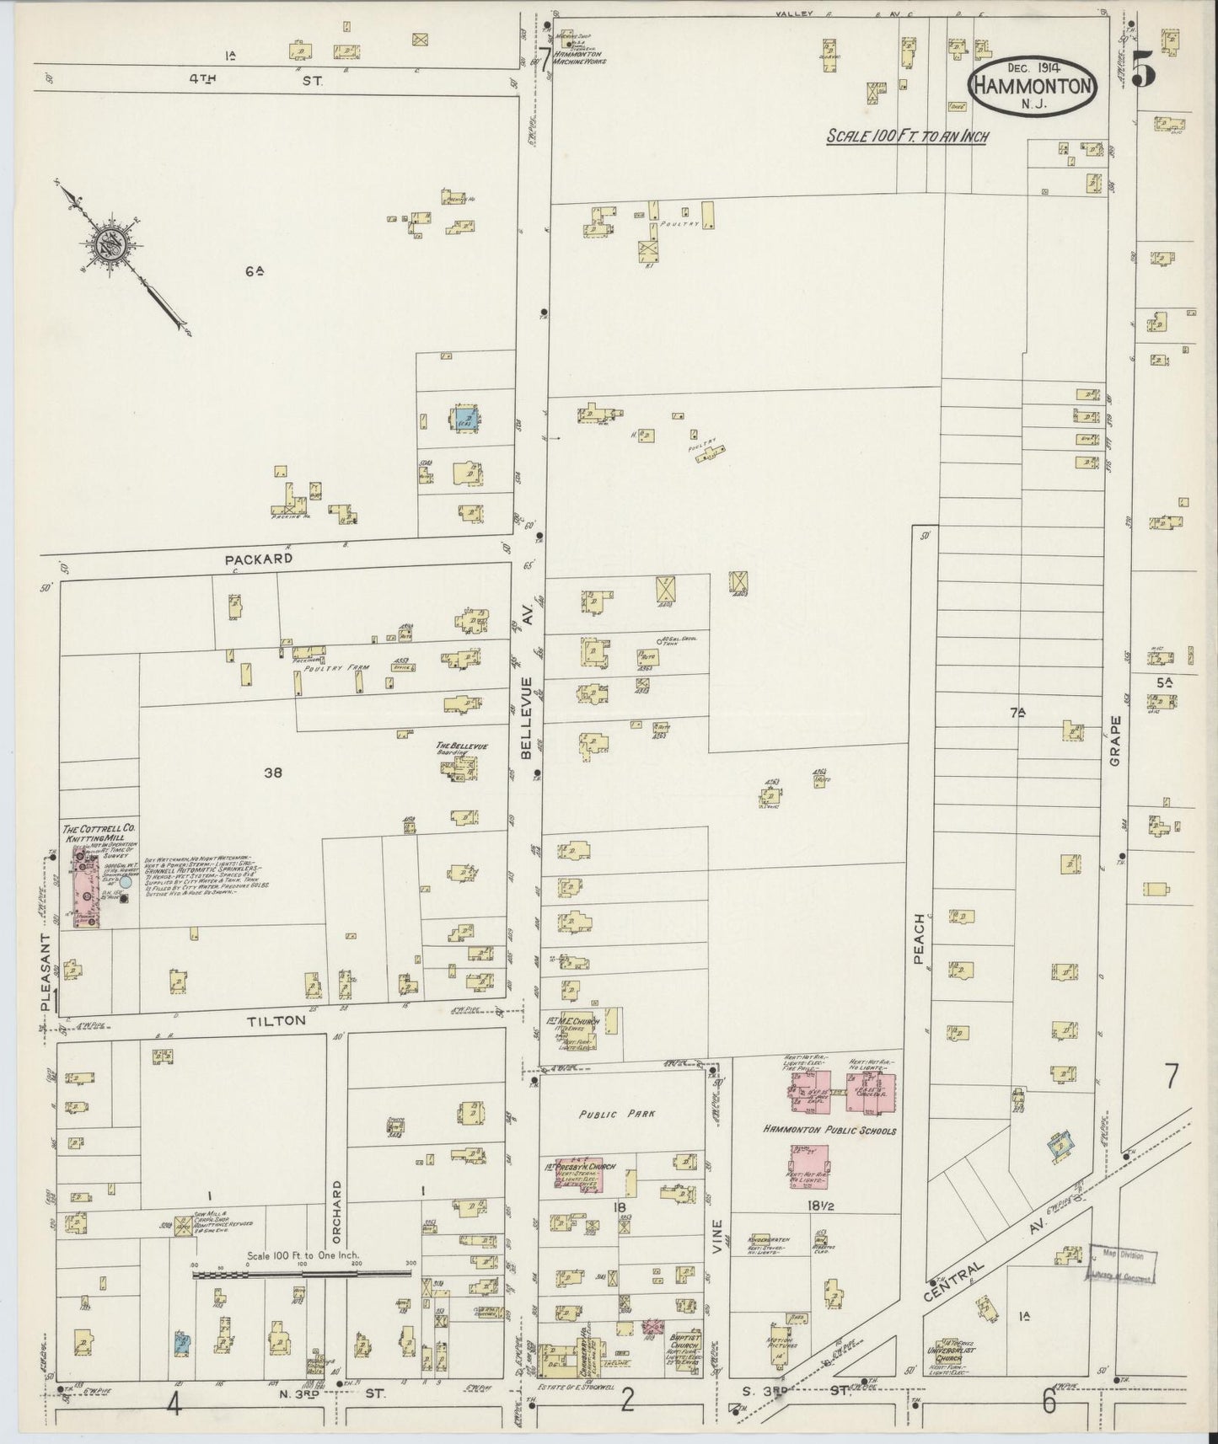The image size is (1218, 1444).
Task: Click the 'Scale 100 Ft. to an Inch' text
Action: pos(907,136)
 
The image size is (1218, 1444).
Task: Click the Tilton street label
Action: pos(275,1020)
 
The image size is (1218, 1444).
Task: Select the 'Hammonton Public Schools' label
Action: pos(829,1131)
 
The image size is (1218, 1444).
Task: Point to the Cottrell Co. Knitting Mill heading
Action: pos(99,834)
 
